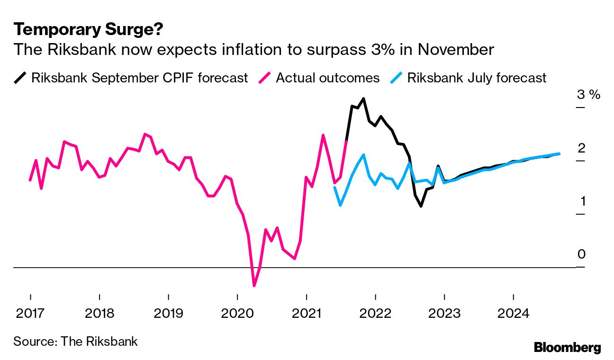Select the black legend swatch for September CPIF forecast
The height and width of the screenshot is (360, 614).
pyautogui.click(x=21, y=77)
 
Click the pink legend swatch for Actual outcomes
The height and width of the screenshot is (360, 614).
pyautogui.click(x=265, y=77)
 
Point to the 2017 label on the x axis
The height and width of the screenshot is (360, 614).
pyautogui.click(x=30, y=314)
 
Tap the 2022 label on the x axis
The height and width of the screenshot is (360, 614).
pyautogui.click(x=375, y=314)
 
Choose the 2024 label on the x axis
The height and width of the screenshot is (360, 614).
pyautogui.click(x=514, y=314)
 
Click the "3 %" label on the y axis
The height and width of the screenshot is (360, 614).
pyautogui.click(x=588, y=95)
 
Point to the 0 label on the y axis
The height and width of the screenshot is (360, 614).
pyautogui.click(x=581, y=255)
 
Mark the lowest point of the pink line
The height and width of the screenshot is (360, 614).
pyautogui.click(x=254, y=286)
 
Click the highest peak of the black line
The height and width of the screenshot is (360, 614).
pyautogui.click(x=363, y=99)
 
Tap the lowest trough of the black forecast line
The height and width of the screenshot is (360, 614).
pyautogui.click(x=421, y=206)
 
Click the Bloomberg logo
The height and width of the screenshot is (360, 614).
pyautogui.click(x=567, y=347)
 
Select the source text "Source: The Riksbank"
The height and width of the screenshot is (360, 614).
pyautogui.click(x=75, y=341)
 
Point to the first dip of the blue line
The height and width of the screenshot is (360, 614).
pyautogui.click(x=340, y=205)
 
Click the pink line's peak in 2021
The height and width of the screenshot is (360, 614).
pyautogui.click(x=323, y=135)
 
